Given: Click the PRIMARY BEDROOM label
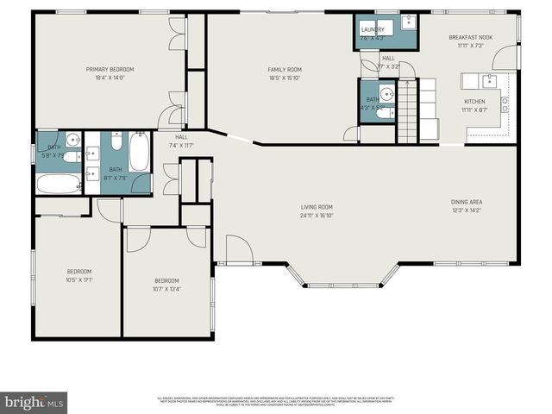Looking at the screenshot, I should point(110,69).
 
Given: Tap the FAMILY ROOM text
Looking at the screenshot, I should point(284,69).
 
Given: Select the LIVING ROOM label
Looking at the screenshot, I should point(317,207).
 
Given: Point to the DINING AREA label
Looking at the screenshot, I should point(467,202).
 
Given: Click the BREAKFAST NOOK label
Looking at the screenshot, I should point(469,38).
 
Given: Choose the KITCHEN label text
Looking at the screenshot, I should point(475,102).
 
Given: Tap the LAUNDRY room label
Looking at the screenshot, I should point(373,29).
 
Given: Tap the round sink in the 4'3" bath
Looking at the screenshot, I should point(386,93).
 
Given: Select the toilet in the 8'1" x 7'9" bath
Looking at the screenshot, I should point(116,141).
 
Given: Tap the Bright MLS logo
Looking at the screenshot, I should point(34,403).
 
